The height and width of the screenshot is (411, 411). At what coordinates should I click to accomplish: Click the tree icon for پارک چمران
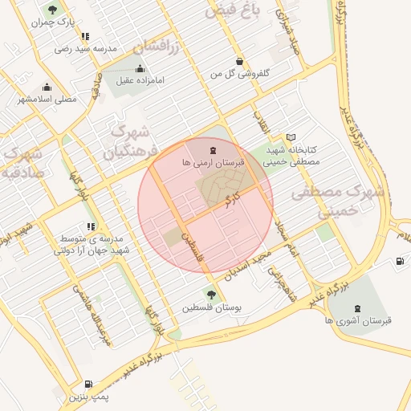(x=52, y=10)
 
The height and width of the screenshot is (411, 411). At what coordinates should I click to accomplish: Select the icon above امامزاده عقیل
(x=141, y=68)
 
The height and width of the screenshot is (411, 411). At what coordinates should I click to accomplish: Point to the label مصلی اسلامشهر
(x=47, y=99)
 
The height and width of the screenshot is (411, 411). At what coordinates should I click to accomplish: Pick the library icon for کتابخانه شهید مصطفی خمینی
(x=291, y=137)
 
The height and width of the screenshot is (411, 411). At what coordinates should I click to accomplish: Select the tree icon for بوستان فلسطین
(x=211, y=293)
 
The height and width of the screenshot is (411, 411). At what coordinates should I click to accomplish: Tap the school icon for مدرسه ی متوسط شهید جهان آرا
(x=91, y=227)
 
